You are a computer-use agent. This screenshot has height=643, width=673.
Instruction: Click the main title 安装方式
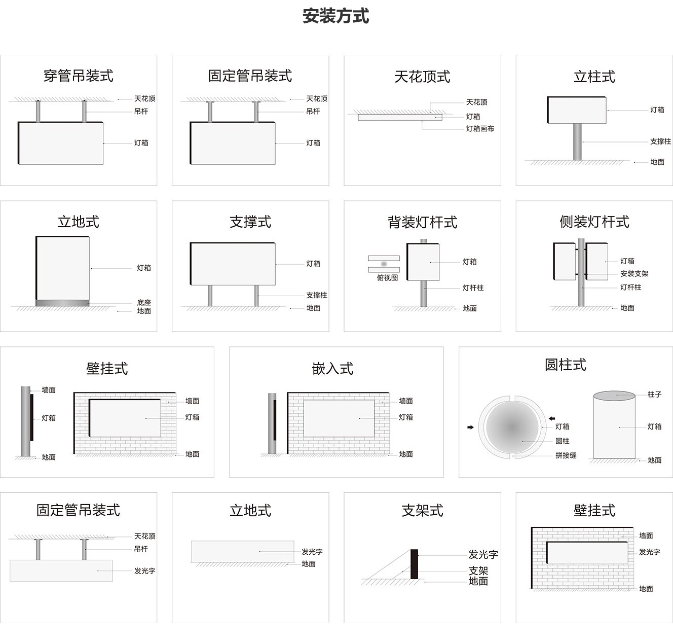point(335,16)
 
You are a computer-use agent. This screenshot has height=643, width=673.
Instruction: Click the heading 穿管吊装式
point(78,76)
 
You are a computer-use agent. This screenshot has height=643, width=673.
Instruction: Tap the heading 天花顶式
point(422,77)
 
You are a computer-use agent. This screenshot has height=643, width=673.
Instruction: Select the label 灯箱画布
point(480,129)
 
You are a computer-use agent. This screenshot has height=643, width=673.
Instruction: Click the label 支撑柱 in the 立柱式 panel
point(660,141)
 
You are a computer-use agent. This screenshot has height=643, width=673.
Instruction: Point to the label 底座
point(144,303)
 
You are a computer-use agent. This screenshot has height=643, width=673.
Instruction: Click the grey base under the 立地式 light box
point(62,303)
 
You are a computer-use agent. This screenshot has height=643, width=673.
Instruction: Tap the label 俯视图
point(387,278)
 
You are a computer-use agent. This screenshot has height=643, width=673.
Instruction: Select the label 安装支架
point(634,274)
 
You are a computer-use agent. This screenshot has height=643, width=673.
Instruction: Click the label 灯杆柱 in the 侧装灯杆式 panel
point(630,288)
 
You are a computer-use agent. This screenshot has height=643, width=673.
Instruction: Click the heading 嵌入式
point(332,369)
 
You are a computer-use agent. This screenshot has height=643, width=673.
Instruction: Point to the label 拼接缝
point(566,455)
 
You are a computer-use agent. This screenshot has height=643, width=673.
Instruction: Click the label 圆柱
point(562,441)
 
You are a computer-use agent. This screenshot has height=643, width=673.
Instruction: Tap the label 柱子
point(654,395)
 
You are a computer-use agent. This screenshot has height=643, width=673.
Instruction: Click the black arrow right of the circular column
point(552,419)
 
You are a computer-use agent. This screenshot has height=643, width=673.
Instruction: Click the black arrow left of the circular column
point(470,427)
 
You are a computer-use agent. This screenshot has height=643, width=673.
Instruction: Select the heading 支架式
point(422,511)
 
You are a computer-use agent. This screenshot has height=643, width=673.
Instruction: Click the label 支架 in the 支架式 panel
point(478,571)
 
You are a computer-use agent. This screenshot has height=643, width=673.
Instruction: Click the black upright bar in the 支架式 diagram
point(414,564)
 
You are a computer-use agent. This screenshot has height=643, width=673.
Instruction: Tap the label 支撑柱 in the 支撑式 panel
point(316,295)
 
